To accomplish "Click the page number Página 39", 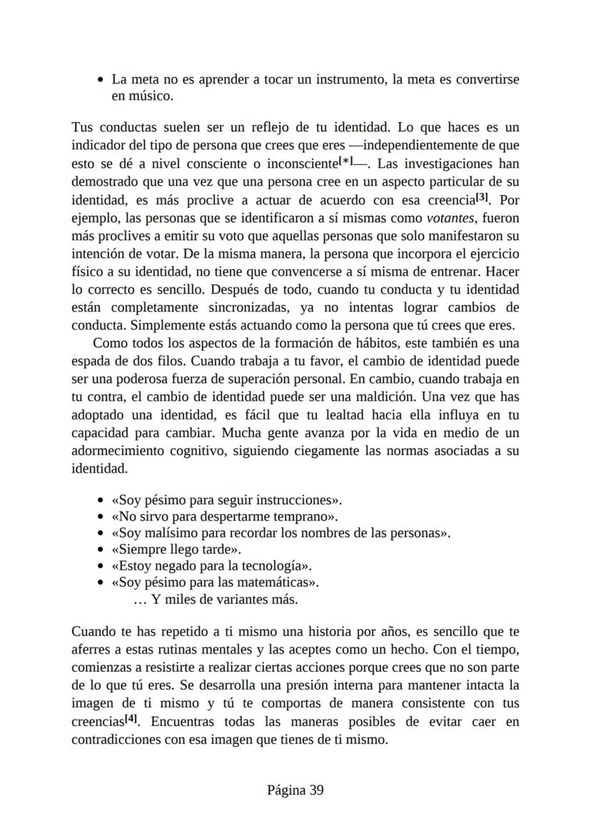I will point(295,790).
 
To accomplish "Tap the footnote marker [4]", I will point(131,719).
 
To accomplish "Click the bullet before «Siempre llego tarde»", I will point(101,550).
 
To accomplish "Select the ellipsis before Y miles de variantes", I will point(140,600).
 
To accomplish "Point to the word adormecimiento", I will point(114,452).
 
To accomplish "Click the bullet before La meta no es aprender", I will point(101,79).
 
